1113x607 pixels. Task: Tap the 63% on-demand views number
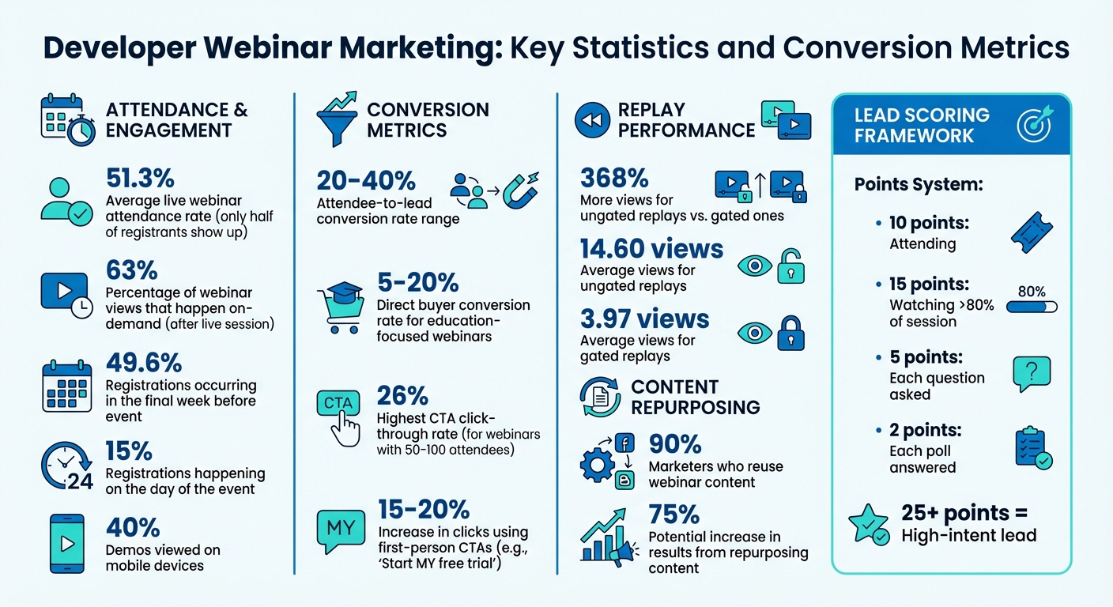pos(131,270)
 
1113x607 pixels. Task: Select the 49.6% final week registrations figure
pos(144,364)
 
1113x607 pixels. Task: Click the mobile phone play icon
pos(67,545)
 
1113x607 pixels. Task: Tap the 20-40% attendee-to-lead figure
pos(366,182)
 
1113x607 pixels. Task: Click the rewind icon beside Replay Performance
pos(591,120)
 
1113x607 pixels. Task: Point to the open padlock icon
pos(790,266)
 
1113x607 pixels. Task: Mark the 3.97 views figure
pos(644,319)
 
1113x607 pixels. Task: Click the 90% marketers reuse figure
pos(674,443)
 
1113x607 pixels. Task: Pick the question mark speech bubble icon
pos(1032,374)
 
